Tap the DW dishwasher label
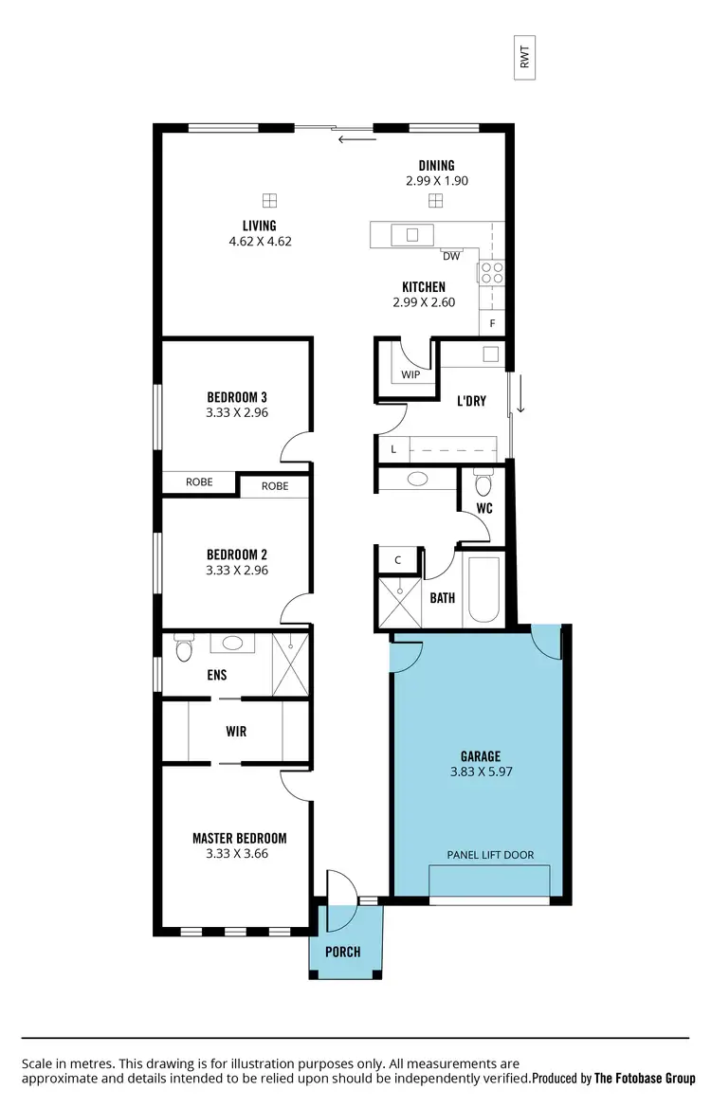(x=450, y=255)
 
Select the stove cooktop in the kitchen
(x=491, y=273)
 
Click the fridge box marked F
(x=492, y=323)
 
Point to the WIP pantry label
(x=410, y=374)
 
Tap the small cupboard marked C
(x=398, y=559)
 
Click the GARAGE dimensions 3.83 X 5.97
(x=481, y=772)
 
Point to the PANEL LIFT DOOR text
(x=490, y=855)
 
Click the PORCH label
(x=343, y=951)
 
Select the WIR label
(x=236, y=732)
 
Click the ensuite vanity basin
(x=232, y=644)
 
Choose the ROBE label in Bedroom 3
(x=199, y=481)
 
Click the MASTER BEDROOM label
(x=239, y=838)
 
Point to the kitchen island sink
(x=413, y=234)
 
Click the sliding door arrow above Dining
(x=357, y=140)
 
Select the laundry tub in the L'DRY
(x=491, y=354)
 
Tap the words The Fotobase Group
(x=645, y=1078)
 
